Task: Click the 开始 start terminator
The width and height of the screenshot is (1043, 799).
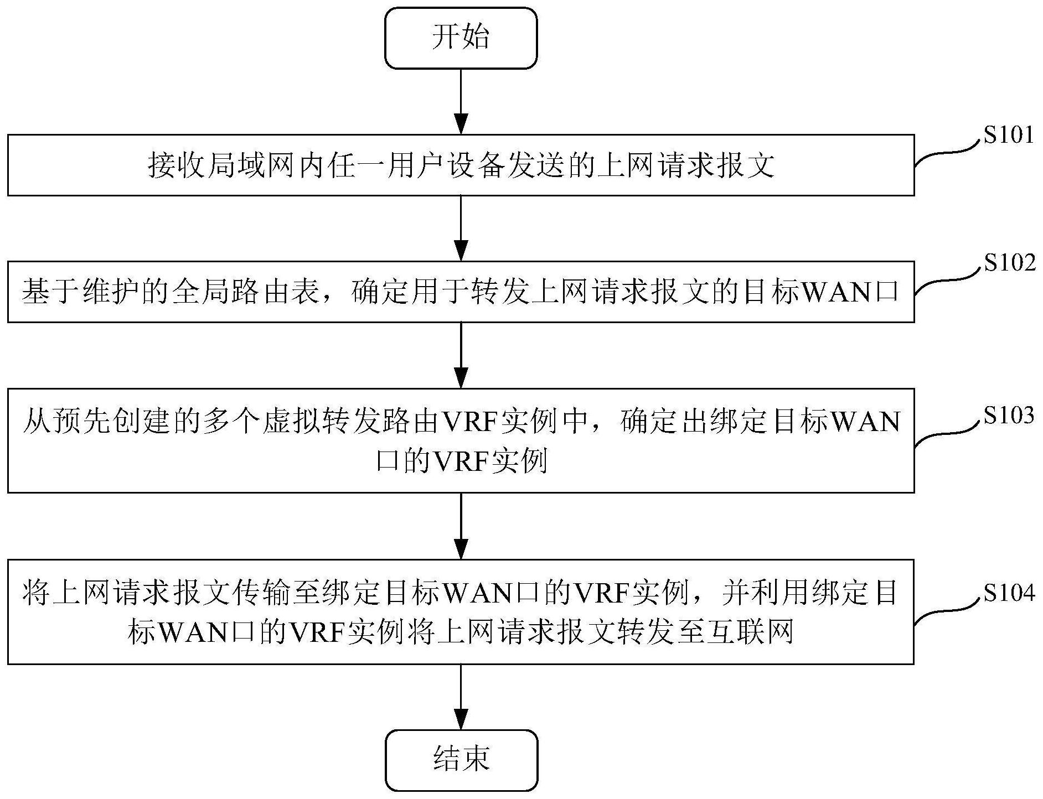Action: pos(461,38)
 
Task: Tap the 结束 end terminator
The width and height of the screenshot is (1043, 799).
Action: pos(461,760)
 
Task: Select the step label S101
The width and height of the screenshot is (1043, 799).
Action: pos(1008,135)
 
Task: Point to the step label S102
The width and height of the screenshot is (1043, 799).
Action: pos(1009,263)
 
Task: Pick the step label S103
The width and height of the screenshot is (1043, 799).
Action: pos(1009,415)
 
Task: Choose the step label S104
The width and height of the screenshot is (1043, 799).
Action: pos(1009,593)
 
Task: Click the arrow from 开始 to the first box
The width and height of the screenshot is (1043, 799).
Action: pos(461,102)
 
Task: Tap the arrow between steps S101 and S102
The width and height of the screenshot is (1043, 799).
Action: pos(461,229)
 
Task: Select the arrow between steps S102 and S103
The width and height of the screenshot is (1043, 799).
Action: pos(461,355)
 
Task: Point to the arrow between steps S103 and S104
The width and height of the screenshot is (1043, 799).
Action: pos(461,526)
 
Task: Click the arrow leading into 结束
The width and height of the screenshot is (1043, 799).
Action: pos(461,697)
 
